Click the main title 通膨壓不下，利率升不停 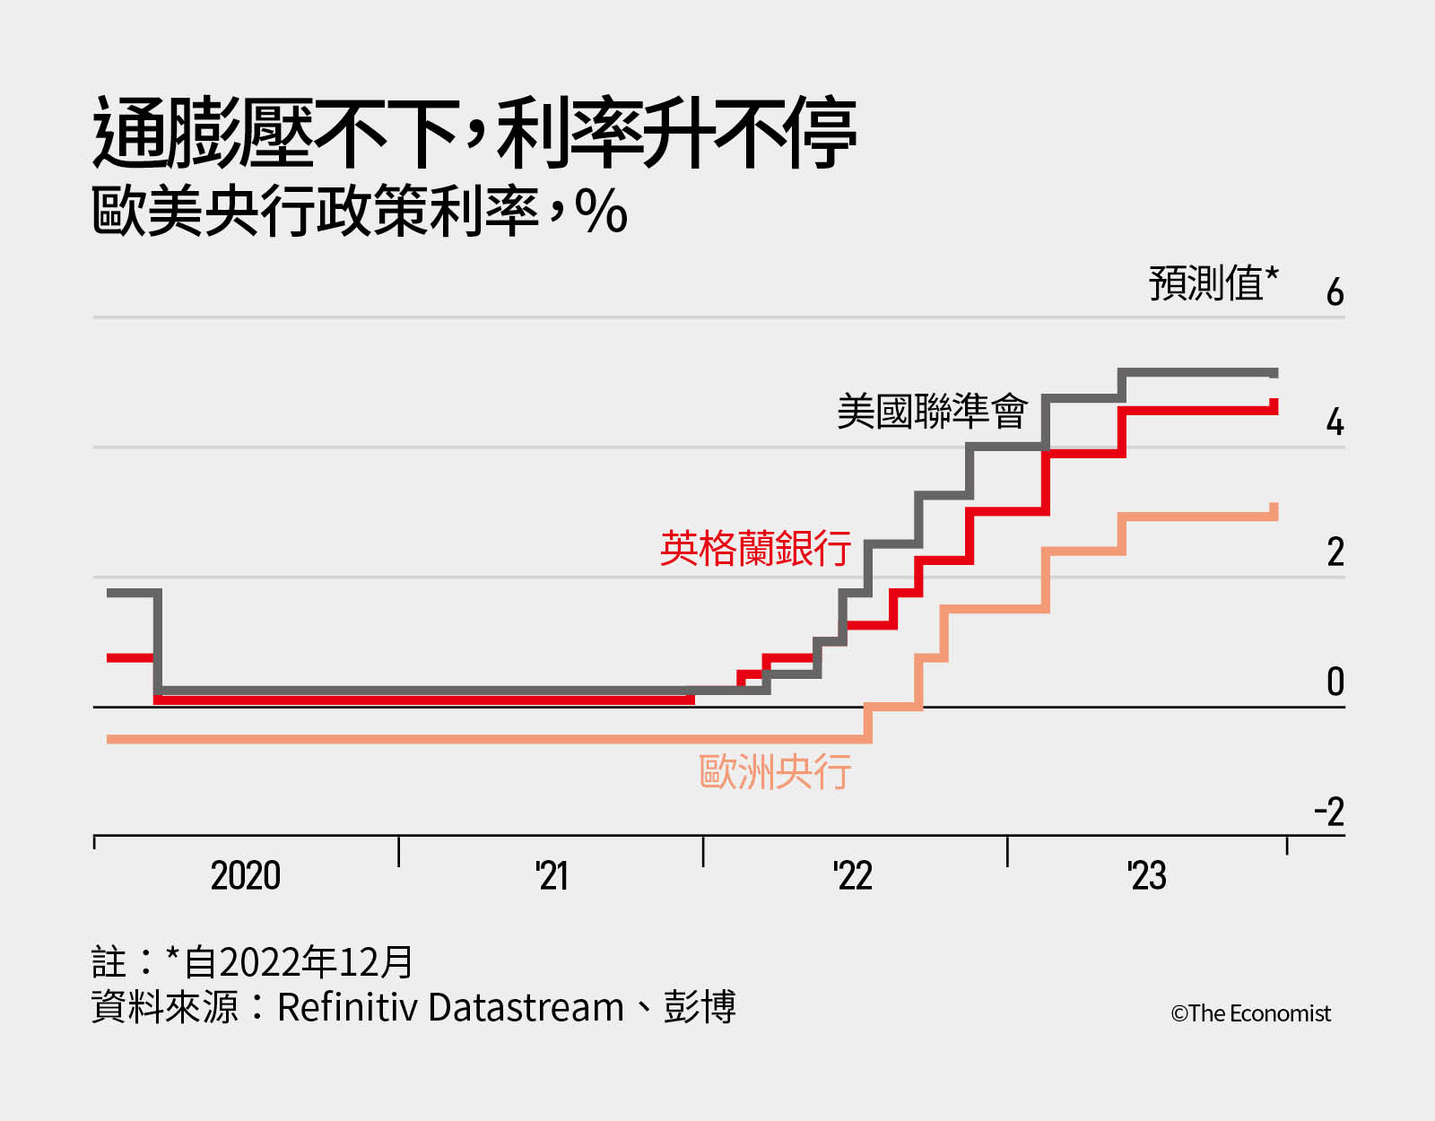[x=475, y=135]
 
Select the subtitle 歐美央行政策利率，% [x=359, y=212]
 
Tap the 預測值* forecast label [x=1213, y=283]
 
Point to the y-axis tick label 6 [x=1335, y=292]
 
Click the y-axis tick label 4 [x=1335, y=421]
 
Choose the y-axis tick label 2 [x=1335, y=552]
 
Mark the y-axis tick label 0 [x=1335, y=682]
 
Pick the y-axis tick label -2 [x=1329, y=812]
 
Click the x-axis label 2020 [x=245, y=875]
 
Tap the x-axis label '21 [x=552, y=875]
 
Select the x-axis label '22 [x=852, y=875]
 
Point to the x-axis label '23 [x=1146, y=875]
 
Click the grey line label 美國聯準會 [x=931, y=412]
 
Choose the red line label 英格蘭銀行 [x=755, y=548]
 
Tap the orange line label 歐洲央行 [x=775, y=771]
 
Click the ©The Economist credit [x=1250, y=1013]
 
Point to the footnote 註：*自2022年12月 [x=252, y=962]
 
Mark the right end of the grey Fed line [x=1275, y=373]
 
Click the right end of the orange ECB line [x=1274, y=512]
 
